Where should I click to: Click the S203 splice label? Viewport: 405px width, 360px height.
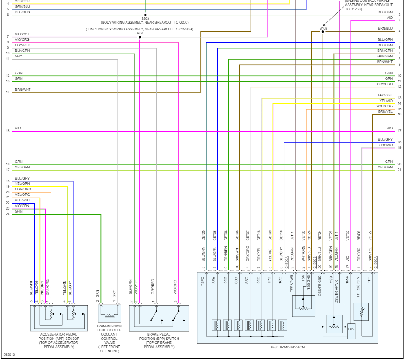click(x=145, y=18)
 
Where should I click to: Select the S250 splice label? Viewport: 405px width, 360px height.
click(x=139, y=33)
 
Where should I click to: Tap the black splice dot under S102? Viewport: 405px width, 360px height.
click(x=323, y=31)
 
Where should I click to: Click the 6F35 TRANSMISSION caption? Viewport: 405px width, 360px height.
click(x=287, y=347)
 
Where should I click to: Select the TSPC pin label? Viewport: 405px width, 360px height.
click(x=202, y=281)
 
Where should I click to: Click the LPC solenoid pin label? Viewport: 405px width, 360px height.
click(x=269, y=281)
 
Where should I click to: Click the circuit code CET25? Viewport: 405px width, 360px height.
click(x=203, y=235)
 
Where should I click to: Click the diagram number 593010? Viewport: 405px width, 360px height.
click(x=9, y=355)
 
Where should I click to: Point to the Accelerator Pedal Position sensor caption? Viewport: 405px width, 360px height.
click(x=59, y=339)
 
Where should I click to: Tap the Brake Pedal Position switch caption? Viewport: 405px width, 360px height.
click(x=159, y=339)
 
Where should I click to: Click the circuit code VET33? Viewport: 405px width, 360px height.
click(x=303, y=235)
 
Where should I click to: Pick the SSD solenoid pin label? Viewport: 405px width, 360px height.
click(x=236, y=281)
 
